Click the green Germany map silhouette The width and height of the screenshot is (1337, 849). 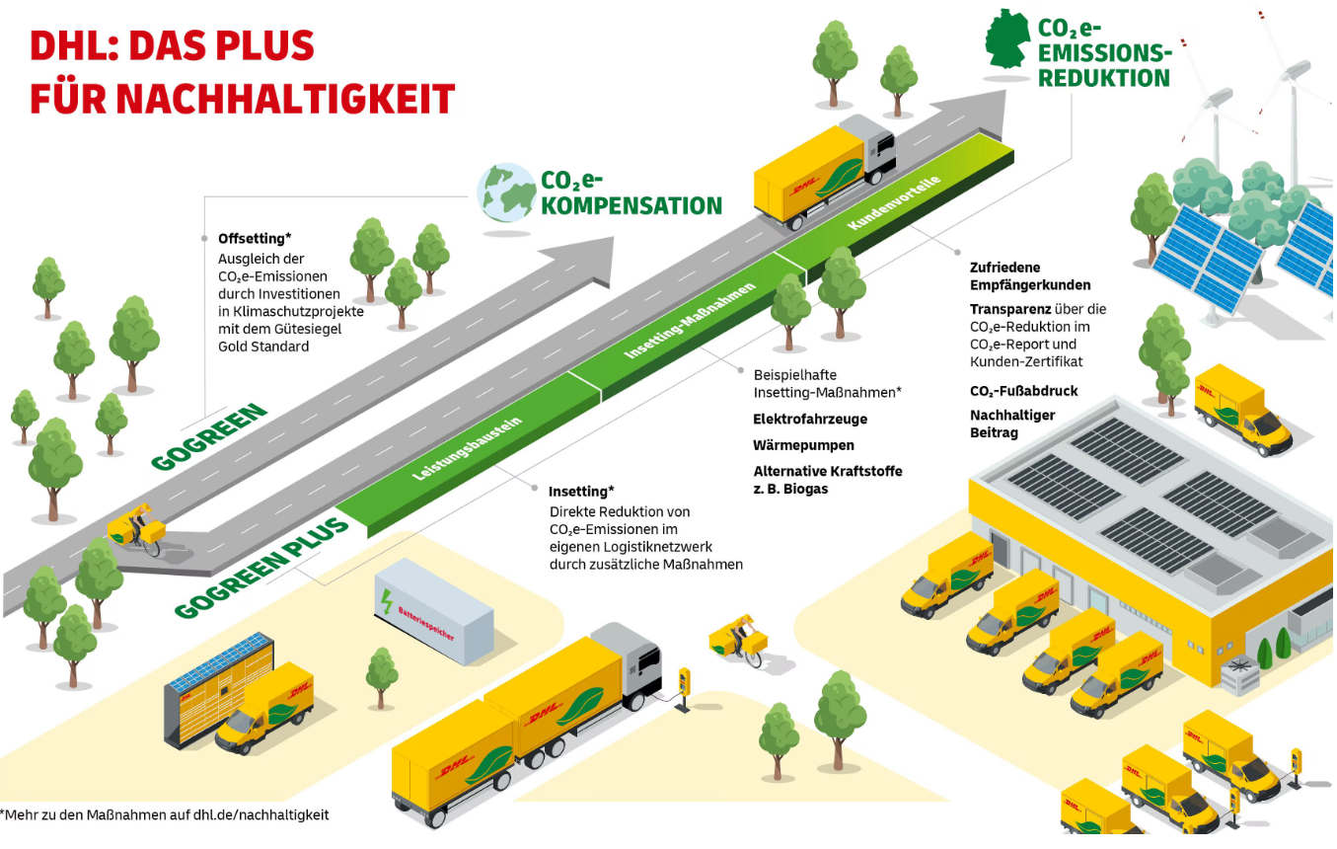[1007, 39]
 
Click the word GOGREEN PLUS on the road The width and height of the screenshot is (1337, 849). [262, 568]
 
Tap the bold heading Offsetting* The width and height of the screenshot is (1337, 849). [254, 239]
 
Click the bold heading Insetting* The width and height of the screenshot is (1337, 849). [581, 491]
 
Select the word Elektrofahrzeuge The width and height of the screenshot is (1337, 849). [810, 420]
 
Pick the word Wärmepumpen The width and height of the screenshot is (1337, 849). [803, 445]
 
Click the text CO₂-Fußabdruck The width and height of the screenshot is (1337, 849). [1023, 391]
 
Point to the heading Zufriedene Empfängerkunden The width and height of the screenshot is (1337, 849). [1016, 276]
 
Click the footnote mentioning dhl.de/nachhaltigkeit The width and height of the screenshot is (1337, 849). [165, 815]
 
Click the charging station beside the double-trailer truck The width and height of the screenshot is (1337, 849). [683, 686]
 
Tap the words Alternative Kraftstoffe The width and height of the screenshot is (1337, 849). [827, 471]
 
